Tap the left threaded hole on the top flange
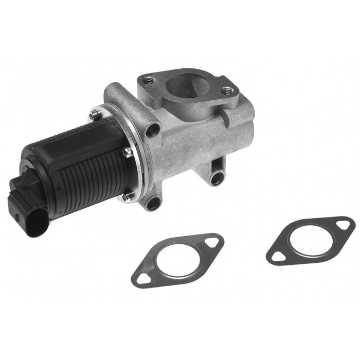[149, 80]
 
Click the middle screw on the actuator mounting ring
[125, 151]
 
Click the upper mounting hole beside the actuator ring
[152, 131]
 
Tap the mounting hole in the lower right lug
[217, 178]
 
